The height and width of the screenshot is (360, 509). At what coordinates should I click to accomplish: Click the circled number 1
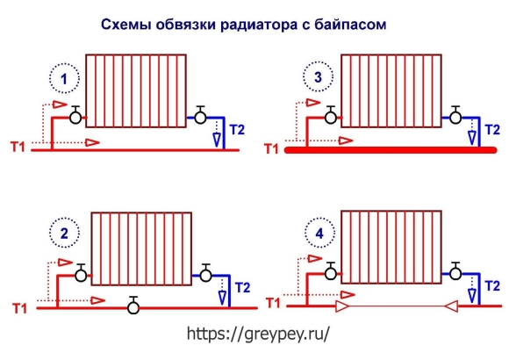[64, 79]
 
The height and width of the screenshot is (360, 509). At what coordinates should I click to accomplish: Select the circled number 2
[64, 233]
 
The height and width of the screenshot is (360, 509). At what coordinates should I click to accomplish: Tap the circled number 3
[318, 77]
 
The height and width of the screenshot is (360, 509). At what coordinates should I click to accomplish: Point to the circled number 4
[319, 233]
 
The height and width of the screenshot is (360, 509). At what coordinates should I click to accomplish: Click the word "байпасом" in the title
[350, 25]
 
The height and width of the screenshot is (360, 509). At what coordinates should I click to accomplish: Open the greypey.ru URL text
[258, 333]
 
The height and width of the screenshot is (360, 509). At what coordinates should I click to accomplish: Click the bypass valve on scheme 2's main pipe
[133, 306]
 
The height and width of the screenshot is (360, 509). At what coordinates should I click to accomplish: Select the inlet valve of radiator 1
[75, 115]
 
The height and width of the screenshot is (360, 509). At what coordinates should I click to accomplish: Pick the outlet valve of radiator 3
[455, 115]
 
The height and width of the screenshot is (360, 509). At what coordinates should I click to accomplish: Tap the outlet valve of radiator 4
[455, 271]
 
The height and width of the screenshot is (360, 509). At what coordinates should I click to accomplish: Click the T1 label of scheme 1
[18, 147]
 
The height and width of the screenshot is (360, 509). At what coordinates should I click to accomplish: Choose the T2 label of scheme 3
[492, 130]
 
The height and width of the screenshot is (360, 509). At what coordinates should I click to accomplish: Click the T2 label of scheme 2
[243, 287]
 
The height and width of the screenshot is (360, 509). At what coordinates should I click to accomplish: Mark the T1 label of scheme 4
[273, 303]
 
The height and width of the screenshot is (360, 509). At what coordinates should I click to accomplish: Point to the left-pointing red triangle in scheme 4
[451, 306]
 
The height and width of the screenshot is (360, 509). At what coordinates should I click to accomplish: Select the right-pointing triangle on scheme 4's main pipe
[342, 306]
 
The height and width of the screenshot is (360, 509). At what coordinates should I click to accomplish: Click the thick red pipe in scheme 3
[391, 150]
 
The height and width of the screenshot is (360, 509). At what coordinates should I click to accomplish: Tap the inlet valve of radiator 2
[81, 272]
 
